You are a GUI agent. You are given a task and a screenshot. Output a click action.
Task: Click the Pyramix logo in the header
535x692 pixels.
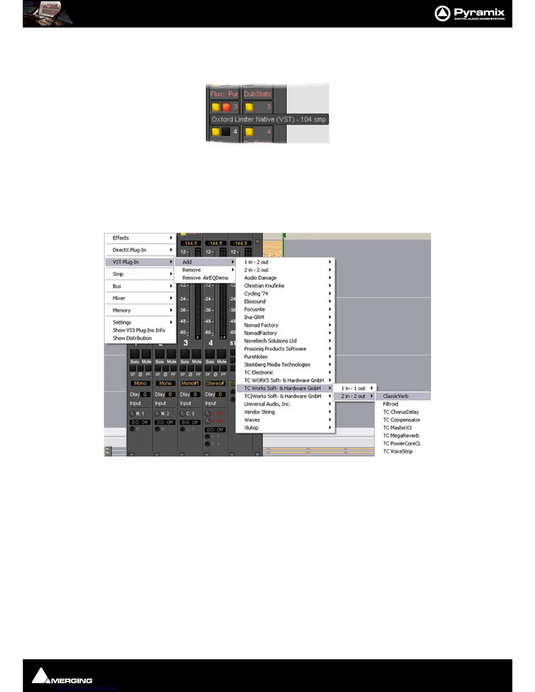pos(469,14)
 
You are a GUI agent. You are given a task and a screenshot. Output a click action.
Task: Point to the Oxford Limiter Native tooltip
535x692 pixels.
pos(268,119)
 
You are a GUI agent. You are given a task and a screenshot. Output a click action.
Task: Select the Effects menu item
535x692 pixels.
pos(121,238)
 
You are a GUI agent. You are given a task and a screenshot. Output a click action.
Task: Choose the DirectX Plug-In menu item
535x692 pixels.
pos(129,250)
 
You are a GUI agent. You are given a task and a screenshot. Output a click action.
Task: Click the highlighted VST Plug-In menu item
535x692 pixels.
pos(126,262)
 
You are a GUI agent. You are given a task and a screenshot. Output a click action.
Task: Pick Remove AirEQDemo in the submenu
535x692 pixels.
pos(205,278)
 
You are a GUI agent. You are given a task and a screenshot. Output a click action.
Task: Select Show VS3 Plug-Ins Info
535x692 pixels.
pos(139,330)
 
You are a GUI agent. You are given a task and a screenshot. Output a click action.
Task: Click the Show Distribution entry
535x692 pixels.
pos(132,338)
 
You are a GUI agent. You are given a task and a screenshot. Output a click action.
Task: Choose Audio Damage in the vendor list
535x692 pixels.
pos(260,278)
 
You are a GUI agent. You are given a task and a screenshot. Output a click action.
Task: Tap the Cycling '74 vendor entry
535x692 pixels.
pos(256,294)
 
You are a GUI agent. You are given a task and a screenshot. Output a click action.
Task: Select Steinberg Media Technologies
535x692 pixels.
pos(277,365)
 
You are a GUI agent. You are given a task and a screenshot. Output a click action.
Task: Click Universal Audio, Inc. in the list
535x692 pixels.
pos(267,404)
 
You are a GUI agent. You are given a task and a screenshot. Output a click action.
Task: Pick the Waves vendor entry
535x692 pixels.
pos(252,420)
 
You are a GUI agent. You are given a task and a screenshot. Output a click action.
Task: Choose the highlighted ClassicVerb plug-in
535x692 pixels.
pos(396,396)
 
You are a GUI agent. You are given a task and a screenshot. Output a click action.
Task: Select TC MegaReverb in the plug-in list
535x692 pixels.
pos(401,436)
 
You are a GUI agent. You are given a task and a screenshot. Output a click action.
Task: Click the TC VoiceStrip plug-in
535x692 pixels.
pos(398,451)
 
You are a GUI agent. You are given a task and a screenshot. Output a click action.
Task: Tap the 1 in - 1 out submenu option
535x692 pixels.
pos(353,388)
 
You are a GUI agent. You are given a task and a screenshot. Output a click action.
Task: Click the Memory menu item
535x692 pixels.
pos(122,311)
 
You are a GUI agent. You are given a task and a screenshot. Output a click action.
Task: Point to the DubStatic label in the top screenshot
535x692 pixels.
pos(257,94)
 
